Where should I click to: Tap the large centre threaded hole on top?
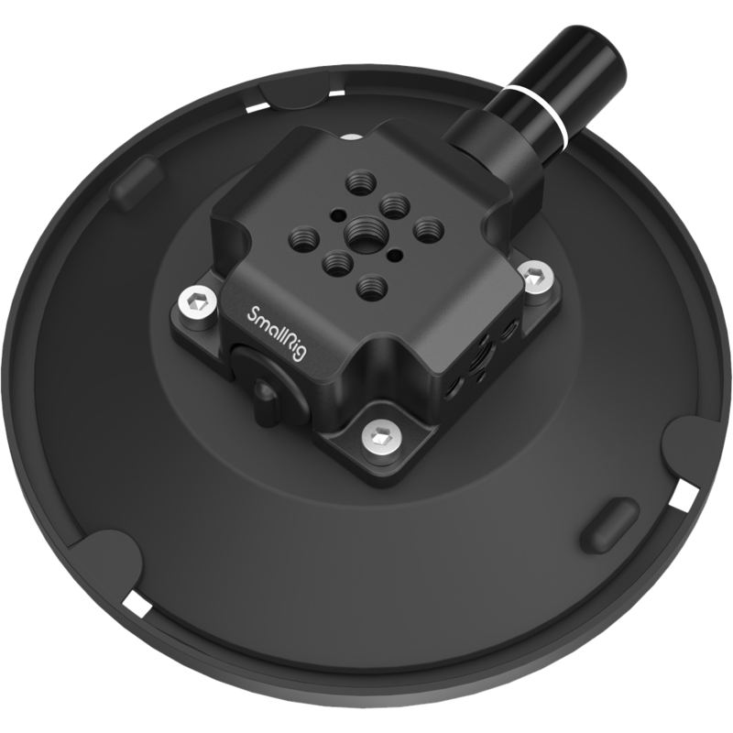tap(360, 226)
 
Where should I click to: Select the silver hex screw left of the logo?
tap(196, 303)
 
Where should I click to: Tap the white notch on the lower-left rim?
tap(136, 604)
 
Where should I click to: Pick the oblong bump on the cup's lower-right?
tap(607, 525)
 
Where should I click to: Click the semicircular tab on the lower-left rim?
tap(106, 563)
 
